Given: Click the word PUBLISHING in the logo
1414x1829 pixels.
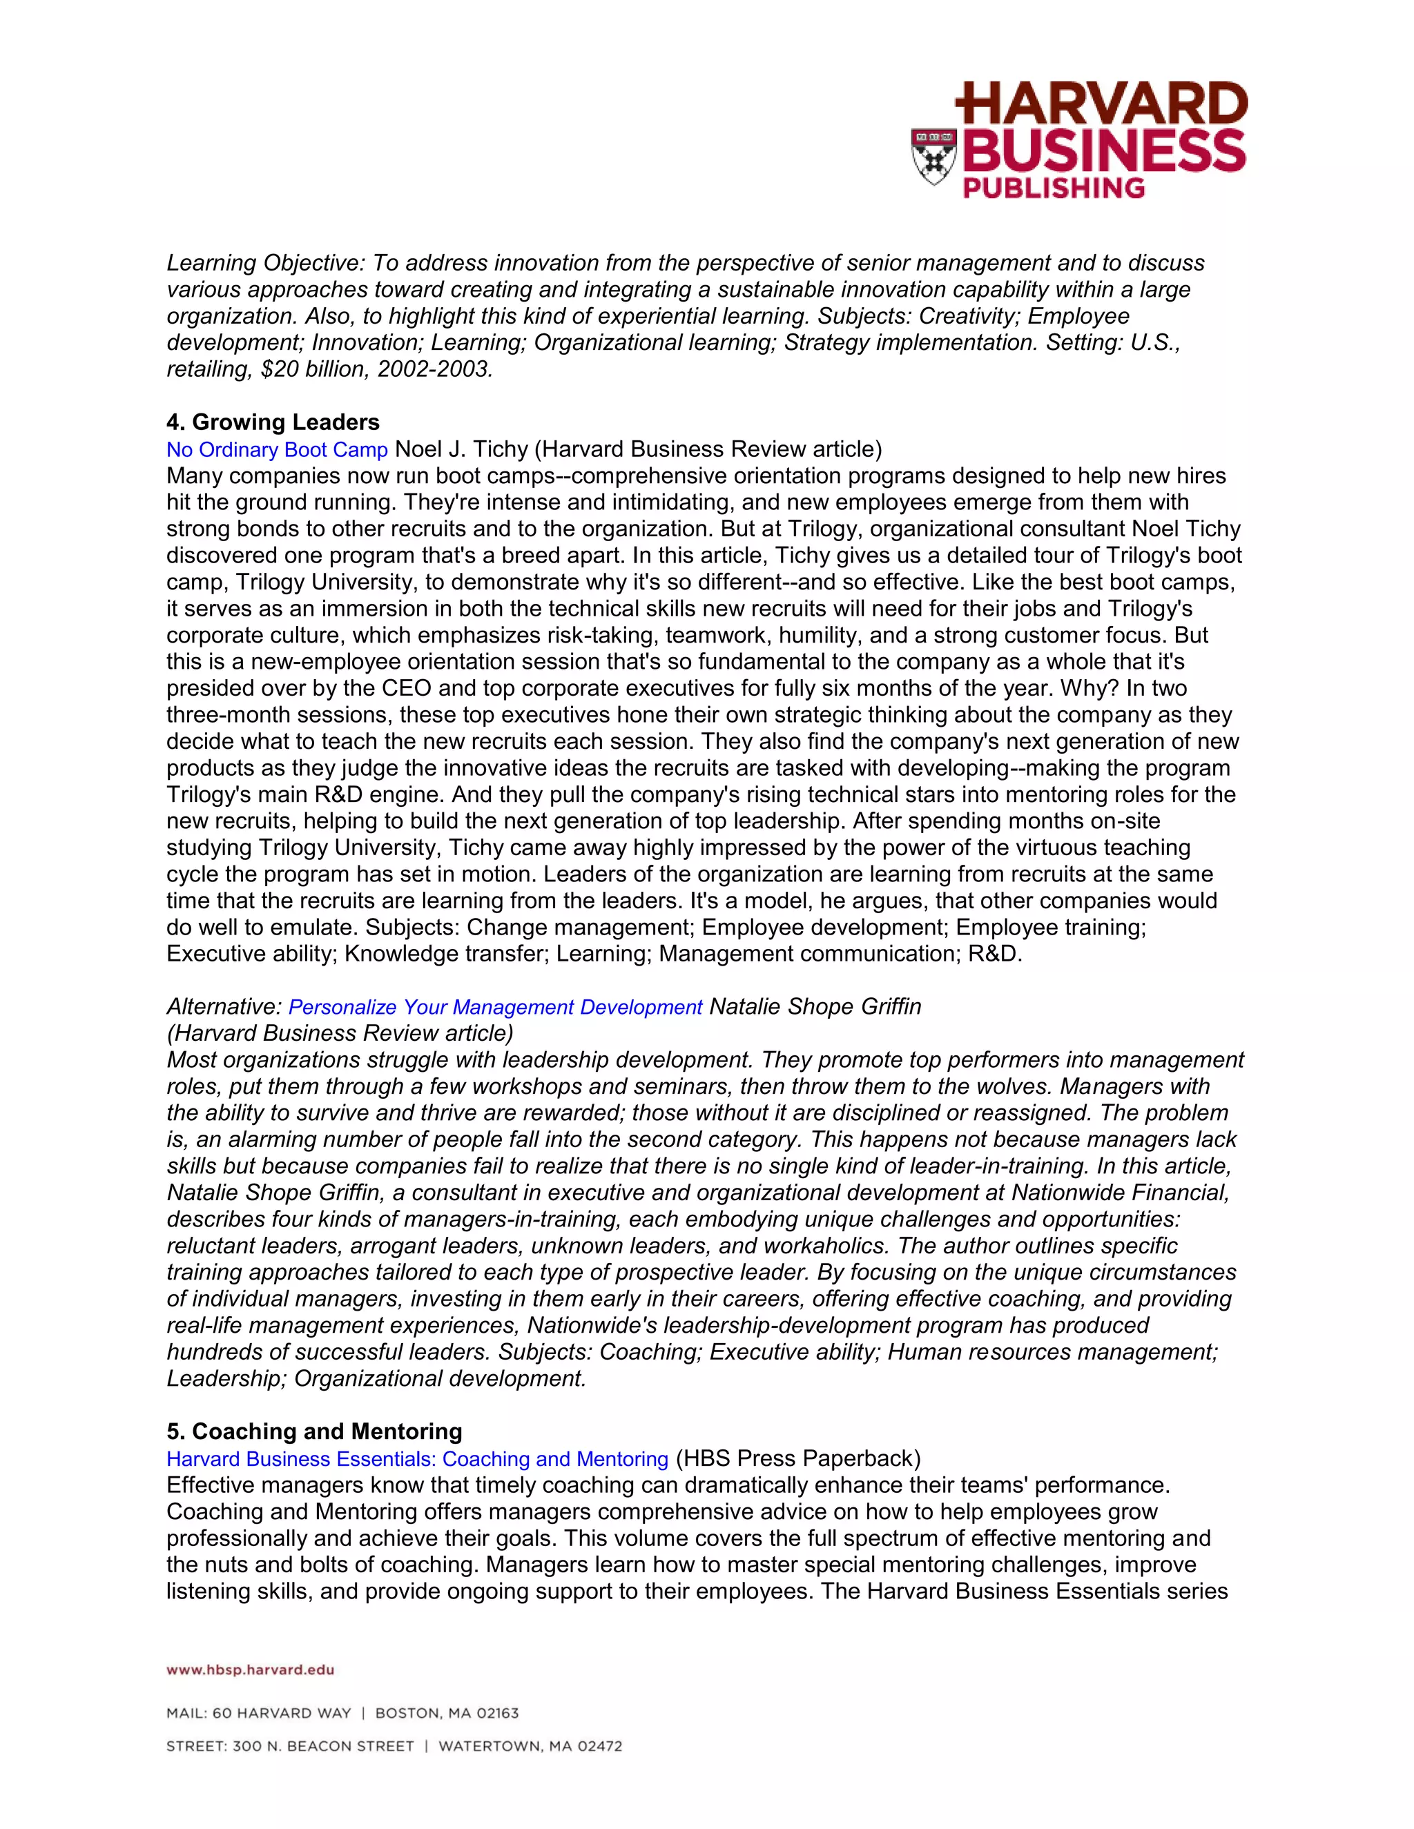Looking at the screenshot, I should point(1054,188).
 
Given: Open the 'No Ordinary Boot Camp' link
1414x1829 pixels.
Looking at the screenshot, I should point(276,450).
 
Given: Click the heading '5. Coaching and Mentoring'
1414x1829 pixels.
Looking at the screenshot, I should point(314,1431).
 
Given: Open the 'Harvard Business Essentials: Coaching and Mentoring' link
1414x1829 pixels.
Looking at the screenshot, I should point(417,1459).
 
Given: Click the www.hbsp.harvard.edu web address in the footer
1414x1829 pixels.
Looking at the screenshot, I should point(251,1670).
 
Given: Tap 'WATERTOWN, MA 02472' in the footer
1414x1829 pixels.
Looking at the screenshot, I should point(530,1746).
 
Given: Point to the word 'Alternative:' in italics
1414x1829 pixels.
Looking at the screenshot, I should point(224,1006).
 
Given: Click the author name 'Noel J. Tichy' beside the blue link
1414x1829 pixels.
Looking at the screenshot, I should point(461,450).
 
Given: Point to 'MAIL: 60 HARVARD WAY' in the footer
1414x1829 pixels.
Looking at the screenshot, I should point(259,1714).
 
